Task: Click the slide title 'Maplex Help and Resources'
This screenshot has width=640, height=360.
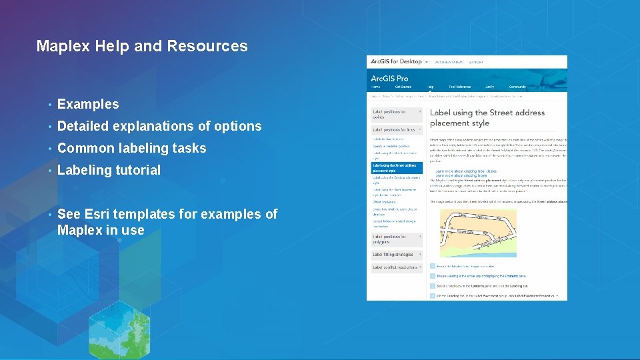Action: pos(142,46)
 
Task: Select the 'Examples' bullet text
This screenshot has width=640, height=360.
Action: pos(88,104)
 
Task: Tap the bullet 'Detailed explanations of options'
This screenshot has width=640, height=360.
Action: pos(159,126)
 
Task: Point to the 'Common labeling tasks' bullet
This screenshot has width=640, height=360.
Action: pos(131,148)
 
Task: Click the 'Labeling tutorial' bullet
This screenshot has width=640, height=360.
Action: pos(109,170)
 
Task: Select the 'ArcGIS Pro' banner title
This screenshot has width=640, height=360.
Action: pos(390,78)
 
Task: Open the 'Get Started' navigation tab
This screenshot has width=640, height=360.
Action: pos(403,87)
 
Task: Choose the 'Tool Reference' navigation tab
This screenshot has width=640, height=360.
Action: pos(459,87)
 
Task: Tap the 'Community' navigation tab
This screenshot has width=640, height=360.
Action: pos(517,87)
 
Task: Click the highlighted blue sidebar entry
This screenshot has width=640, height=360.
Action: pos(396,168)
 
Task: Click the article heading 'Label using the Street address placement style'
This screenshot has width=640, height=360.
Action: pos(487,117)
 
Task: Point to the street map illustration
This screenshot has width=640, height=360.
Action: pos(478,234)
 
